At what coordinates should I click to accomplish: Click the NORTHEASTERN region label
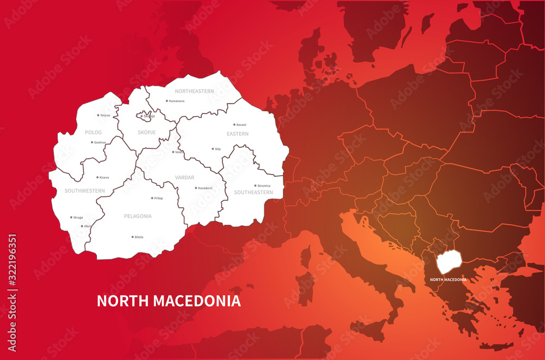[x=194, y=91]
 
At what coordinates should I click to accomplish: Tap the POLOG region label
[x=93, y=133]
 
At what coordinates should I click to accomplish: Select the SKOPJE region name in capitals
[x=147, y=133]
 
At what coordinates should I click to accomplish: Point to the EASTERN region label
[x=238, y=134]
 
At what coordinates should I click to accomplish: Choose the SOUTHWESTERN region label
[x=84, y=191]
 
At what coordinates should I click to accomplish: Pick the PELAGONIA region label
[x=137, y=216]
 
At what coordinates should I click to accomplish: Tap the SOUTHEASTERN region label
[x=253, y=193]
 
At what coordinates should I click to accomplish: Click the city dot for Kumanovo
[x=167, y=101]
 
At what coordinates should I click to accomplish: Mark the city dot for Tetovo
[x=98, y=115]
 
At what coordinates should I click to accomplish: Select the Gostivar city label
[x=100, y=142]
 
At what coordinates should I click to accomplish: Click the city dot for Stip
[x=213, y=148]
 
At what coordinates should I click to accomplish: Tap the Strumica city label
[x=264, y=186]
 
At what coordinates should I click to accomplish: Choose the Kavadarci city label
[x=205, y=188]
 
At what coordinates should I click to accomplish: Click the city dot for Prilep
[x=152, y=198]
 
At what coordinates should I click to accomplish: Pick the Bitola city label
[x=139, y=237]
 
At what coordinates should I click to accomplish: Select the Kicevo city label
[x=104, y=178]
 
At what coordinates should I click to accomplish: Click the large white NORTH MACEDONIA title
[x=168, y=301]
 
